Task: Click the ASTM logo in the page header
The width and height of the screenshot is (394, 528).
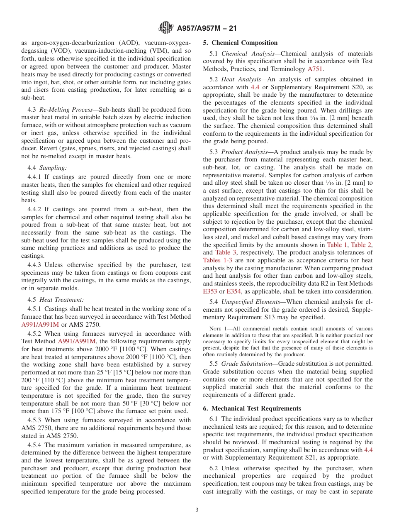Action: [x=166, y=28]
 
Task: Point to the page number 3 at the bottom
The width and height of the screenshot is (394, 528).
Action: [x=197, y=510]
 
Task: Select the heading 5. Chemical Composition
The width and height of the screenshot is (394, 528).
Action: [x=240, y=43]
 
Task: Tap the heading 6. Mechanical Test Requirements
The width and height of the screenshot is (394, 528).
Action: [x=252, y=408]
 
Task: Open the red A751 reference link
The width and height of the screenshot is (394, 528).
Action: [x=315, y=69]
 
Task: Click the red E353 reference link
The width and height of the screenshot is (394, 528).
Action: [x=210, y=291]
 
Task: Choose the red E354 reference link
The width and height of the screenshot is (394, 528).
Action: [x=234, y=291]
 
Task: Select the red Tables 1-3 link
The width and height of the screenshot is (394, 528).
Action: [x=217, y=260]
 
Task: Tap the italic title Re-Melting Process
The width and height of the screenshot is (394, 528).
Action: [x=66, y=110]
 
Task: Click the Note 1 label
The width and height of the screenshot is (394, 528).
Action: [x=217, y=329]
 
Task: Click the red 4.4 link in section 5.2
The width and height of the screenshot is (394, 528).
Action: [x=255, y=87]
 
